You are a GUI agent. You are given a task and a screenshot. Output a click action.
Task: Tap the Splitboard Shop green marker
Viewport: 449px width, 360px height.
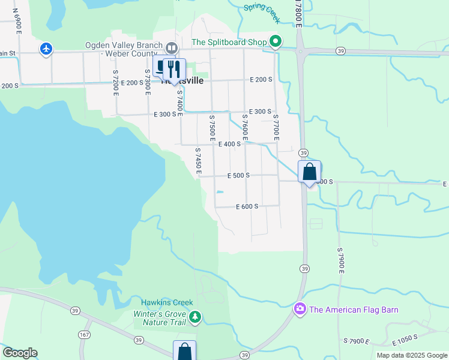(276, 41)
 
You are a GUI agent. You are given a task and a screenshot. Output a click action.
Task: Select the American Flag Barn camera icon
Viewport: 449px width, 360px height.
(300, 309)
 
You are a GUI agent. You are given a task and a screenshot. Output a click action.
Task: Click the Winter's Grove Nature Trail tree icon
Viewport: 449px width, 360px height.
(194, 316)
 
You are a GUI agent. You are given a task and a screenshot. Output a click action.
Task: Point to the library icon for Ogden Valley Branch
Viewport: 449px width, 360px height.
(172, 47)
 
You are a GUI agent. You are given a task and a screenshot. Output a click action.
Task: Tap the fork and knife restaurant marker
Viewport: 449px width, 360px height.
(174, 68)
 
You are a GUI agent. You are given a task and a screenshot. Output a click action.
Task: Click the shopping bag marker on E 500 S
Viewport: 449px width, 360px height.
(309, 172)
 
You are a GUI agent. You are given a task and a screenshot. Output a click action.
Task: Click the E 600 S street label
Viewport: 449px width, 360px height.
(246, 206)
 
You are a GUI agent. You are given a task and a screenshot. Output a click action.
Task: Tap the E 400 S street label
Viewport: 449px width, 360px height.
(229, 144)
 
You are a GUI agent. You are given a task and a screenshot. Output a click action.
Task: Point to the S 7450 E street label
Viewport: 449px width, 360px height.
(197, 160)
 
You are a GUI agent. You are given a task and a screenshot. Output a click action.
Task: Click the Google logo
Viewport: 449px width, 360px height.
(20, 353)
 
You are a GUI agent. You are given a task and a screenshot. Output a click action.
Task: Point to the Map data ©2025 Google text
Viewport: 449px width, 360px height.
(411, 355)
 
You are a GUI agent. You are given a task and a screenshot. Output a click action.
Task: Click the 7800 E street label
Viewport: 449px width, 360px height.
(298, 13)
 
